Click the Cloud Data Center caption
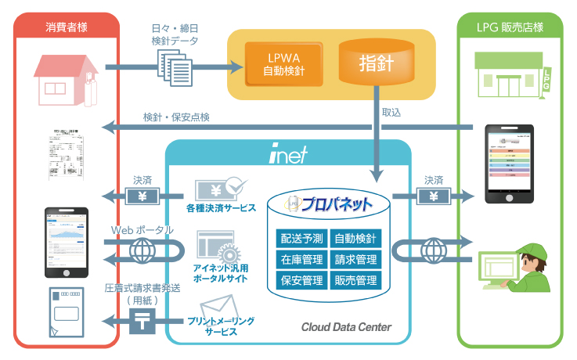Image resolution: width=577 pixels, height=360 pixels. tap(346, 326)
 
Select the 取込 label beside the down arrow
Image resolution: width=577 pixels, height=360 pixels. tap(391, 113)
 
